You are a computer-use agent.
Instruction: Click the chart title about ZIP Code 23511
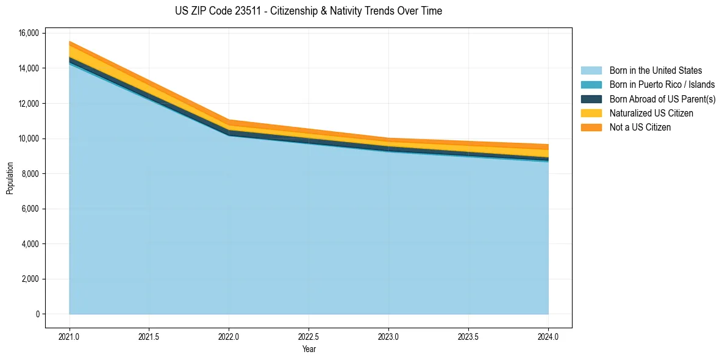click(308, 11)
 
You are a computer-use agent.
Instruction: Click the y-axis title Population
click(10, 178)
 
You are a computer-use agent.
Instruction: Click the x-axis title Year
click(309, 349)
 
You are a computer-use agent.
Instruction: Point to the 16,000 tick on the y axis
click(29, 33)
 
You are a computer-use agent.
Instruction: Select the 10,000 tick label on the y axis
click(29, 139)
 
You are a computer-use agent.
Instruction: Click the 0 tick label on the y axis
click(37, 314)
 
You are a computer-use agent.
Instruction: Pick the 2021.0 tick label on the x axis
click(70, 336)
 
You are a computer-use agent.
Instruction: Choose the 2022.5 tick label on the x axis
click(309, 336)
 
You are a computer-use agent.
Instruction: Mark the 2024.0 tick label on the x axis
click(548, 336)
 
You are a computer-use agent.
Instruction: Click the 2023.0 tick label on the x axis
click(388, 336)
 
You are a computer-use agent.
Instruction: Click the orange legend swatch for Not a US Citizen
click(591, 128)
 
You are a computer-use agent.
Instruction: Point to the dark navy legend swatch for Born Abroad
click(591, 99)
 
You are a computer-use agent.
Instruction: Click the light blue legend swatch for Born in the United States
click(591, 71)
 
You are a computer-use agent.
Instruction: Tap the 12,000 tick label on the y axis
click(29, 104)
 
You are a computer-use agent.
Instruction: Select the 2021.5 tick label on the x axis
click(149, 336)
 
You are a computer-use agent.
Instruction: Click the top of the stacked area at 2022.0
click(229, 120)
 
